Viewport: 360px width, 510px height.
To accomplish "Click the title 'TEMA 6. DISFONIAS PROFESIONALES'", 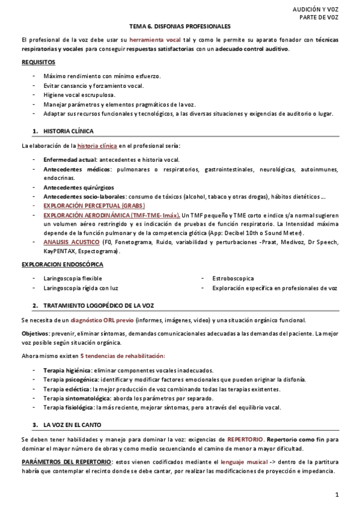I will click(x=180, y=26).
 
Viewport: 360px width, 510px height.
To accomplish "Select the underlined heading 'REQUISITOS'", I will click(x=38, y=62).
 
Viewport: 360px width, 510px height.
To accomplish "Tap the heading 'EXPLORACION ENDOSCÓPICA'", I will click(x=63, y=264).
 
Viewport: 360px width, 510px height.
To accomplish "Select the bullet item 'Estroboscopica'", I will click(x=233, y=278).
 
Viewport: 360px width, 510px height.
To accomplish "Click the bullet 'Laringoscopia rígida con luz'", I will click(x=81, y=288).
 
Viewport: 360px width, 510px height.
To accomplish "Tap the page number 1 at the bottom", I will click(x=338, y=494).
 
